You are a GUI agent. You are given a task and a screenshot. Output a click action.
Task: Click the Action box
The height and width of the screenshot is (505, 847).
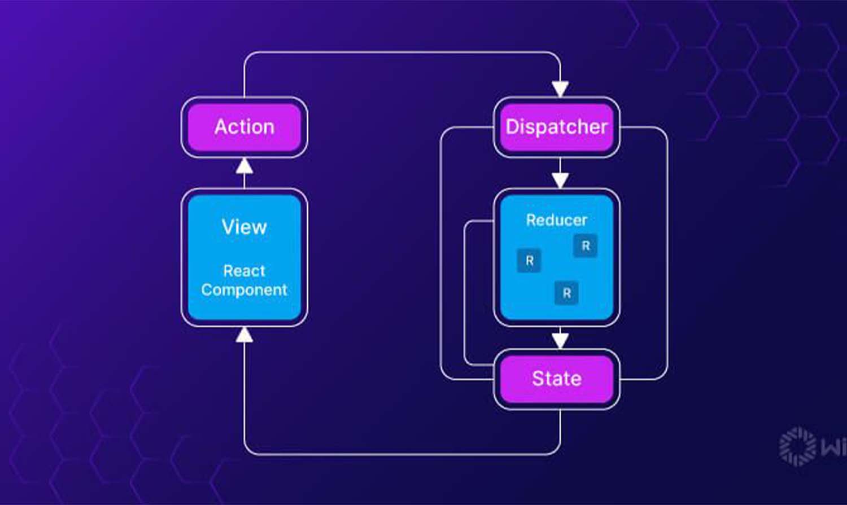click(x=244, y=127)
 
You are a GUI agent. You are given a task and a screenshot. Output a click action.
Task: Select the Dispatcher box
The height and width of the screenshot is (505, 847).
click(x=556, y=127)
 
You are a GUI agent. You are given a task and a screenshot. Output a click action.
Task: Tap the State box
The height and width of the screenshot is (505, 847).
click(x=556, y=379)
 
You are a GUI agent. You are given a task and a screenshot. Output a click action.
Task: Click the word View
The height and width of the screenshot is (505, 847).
click(x=244, y=227)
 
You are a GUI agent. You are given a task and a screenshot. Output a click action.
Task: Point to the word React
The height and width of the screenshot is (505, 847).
click(x=244, y=271)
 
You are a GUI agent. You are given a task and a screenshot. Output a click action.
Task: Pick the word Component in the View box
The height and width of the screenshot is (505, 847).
click(x=244, y=289)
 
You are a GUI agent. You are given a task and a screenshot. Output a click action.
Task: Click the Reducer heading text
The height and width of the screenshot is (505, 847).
click(x=556, y=220)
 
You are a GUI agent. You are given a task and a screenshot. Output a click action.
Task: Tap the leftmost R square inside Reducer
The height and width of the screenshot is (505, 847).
click(x=529, y=261)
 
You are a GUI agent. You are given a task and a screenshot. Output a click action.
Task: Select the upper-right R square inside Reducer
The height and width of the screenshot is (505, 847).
click(x=585, y=246)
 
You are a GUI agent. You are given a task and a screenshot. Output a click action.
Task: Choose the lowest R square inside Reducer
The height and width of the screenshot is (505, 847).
click(x=566, y=293)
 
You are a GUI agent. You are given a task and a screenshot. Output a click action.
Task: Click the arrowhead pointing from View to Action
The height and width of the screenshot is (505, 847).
click(x=244, y=166)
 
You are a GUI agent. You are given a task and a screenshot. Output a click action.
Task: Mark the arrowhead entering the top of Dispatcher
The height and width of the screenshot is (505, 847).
click(x=560, y=89)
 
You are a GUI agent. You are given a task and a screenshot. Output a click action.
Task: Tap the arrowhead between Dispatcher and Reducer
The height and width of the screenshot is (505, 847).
click(x=560, y=180)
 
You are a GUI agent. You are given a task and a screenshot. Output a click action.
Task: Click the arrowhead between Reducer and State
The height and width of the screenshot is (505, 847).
click(x=560, y=340)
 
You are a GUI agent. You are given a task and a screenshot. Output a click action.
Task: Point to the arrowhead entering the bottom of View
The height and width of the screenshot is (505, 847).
click(x=244, y=335)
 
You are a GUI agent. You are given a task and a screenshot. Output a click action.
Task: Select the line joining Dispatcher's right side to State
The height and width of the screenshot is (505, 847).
click(x=667, y=254)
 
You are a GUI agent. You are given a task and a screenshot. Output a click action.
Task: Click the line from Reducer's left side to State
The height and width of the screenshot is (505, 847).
click(x=465, y=293)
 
